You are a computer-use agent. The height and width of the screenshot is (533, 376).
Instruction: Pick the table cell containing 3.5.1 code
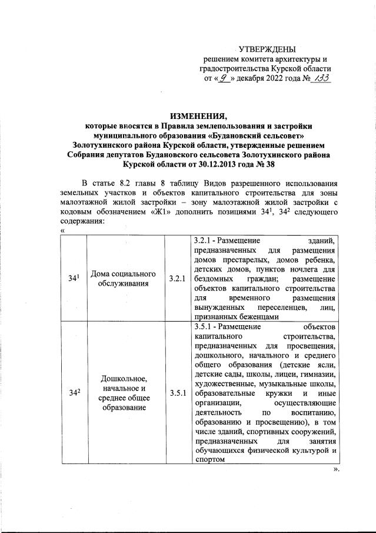pos(177,393)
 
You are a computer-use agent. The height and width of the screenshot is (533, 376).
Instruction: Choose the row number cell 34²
pos(72,393)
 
